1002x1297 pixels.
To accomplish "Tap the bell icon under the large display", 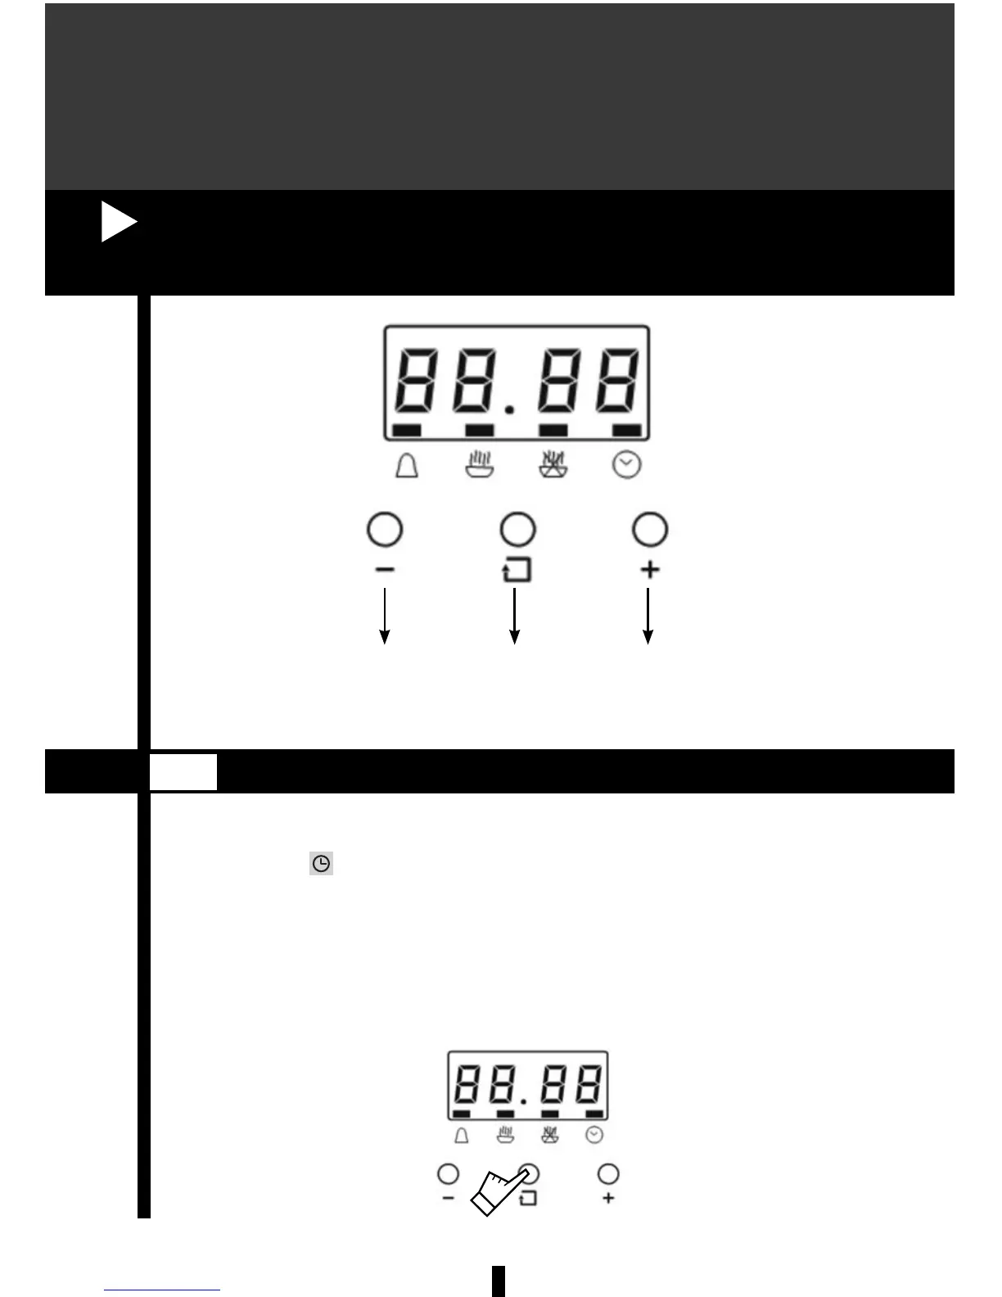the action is click(407, 466).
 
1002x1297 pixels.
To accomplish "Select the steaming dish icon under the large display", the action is click(479, 465).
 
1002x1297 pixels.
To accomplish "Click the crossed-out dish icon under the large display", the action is click(553, 465).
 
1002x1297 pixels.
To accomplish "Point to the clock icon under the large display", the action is click(627, 466).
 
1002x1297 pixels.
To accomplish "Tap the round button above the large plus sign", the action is click(650, 530).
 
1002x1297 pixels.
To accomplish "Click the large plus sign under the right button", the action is click(650, 569).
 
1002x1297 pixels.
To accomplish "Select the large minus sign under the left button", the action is click(385, 569).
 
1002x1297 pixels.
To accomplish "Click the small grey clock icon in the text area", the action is click(322, 864).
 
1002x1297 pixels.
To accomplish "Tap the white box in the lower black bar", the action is click(183, 772).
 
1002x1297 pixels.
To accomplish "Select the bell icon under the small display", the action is click(462, 1136).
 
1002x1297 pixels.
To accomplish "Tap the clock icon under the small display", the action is click(595, 1135).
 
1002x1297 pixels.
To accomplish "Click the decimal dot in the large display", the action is click(509, 409).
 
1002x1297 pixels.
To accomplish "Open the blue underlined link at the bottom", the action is click(162, 1290).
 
